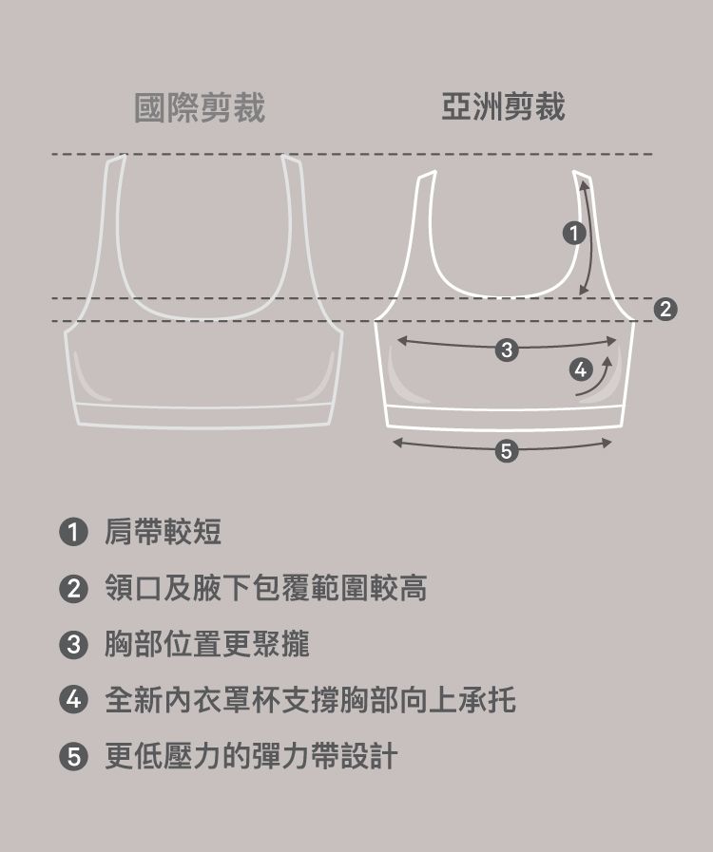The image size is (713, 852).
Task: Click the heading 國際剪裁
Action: pos(200,107)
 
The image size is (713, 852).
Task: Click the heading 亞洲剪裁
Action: pos(503,106)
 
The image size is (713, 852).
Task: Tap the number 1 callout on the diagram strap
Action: pos(574,234)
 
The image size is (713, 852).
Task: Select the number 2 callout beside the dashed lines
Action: pos(665,310)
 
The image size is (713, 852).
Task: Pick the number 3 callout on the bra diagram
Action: pos(507,350)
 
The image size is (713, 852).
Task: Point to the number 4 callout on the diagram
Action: pos(581,369)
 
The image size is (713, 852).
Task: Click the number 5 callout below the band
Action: pos(507,451)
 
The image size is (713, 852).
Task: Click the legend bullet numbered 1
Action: pos(73,531)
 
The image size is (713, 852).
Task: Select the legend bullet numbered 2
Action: pos(73,589)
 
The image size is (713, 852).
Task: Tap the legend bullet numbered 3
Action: pos(73,645)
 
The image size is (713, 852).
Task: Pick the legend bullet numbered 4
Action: pos(73,700)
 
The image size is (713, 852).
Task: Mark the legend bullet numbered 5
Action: pos(73,756)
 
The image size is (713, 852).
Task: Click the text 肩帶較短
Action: pos(163,531)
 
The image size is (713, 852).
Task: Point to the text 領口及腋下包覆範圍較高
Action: pos(265,589)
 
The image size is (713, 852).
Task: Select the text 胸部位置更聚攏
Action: pos(206,644)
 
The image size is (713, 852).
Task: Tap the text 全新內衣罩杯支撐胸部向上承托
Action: pos(310,700)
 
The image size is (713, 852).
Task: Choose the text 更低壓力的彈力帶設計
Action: pos(251,756)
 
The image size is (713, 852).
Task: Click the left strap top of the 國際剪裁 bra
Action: pos(116,159)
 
